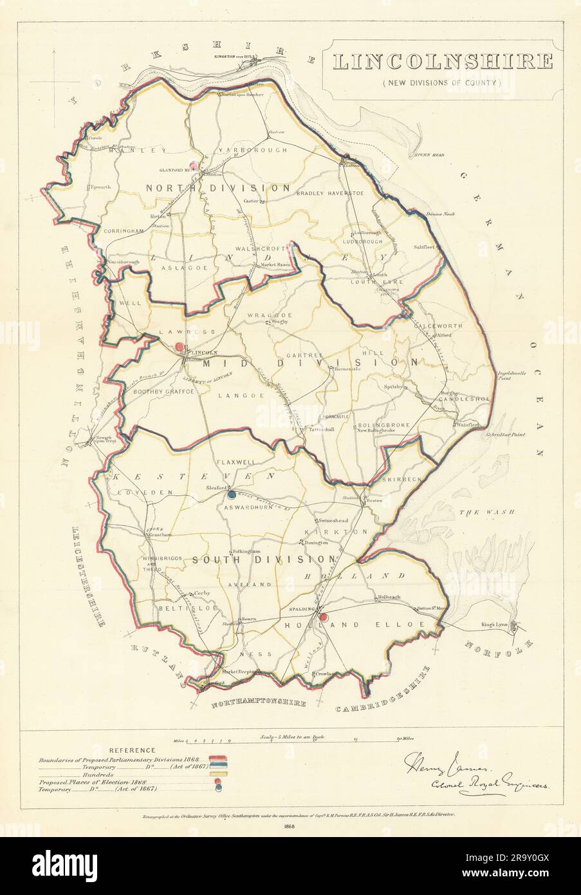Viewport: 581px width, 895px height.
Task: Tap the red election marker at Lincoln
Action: pyautogui.click(x=180, y=348)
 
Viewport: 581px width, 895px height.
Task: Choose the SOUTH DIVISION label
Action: pyautogui.click(x=264, y=560)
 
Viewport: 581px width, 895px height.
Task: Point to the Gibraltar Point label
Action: pyautogui.click(x=506, y=435)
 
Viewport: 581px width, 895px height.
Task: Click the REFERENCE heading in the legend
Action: pyautogui.click(x=132, y=750)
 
